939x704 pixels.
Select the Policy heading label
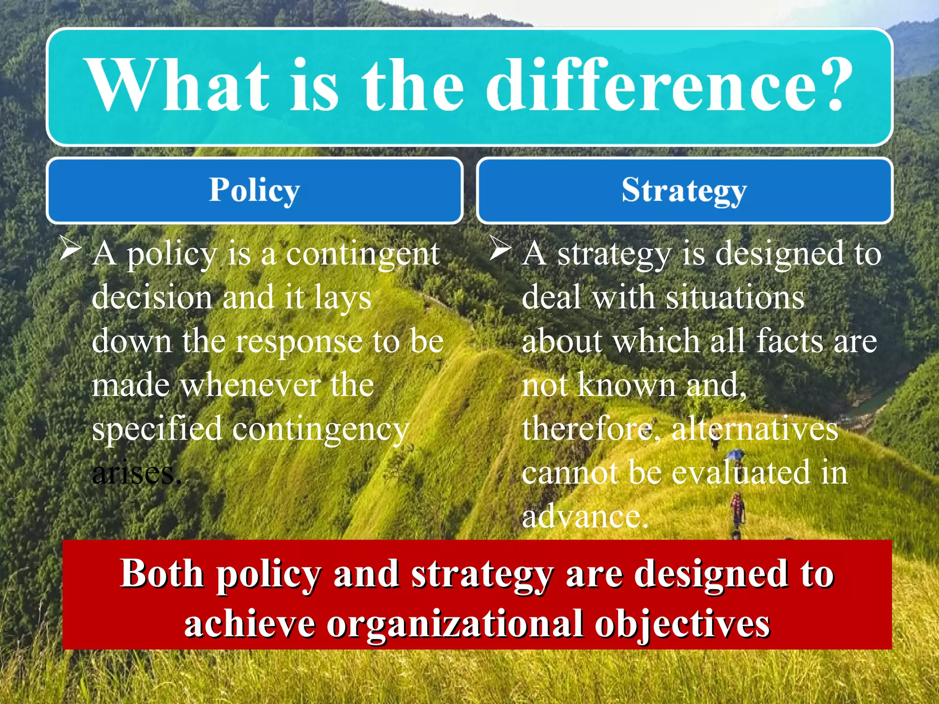[254, 190]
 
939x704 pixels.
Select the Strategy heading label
[684, 191]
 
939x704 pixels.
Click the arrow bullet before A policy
[70, 249]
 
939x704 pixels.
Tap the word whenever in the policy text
[251, 385]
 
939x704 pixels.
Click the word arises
[136, 473]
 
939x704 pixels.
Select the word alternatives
[755, 429]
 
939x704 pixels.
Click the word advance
[584, 517]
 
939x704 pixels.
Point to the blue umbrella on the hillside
[735, 454]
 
